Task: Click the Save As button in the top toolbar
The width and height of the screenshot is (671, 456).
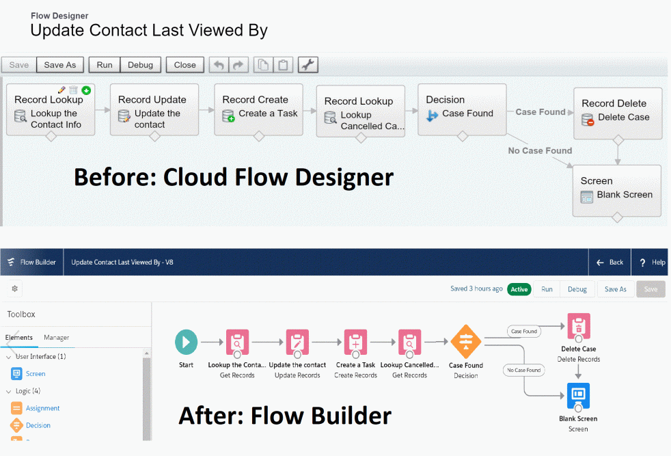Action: pos(60,65)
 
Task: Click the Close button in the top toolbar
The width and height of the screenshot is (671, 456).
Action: pos(184,65)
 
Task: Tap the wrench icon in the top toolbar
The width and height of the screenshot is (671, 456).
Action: pos(307,65)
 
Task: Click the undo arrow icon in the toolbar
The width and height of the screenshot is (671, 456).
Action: pos(219,65)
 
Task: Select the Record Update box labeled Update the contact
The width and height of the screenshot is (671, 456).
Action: pos(154,109)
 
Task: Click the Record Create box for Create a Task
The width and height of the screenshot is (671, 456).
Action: pos(258,109)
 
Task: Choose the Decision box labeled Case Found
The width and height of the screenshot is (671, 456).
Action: pos(462,109)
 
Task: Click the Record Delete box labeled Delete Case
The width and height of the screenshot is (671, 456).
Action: pos(618,111)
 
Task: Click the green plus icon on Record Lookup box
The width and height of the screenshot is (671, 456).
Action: pos(86,90)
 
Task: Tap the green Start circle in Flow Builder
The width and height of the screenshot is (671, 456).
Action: pos(186,342)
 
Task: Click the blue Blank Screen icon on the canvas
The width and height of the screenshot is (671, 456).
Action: pos(578,395)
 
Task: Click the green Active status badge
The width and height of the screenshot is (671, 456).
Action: pos(519,289)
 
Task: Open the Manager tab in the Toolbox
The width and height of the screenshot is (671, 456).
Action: pos(56,338)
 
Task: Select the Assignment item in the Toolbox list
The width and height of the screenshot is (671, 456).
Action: pos(42,408)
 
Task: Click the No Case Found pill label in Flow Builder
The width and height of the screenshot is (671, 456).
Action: pos(523,370)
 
